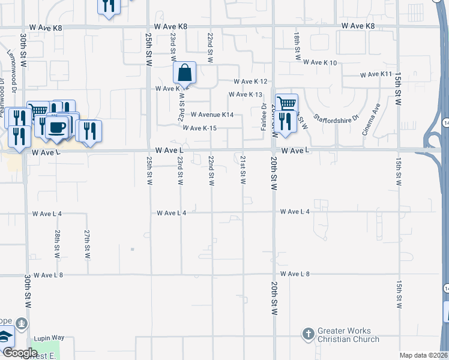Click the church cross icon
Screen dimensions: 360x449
tap(308, 334)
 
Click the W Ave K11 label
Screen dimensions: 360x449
tap(376, 74)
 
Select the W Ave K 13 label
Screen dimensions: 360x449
tap(246, 95)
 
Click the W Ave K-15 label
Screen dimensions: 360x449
tap(208, 128)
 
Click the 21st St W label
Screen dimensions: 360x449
tap(243, 170)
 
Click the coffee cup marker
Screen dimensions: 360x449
tap(58, 128)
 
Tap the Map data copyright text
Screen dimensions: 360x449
tap(423, 355)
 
